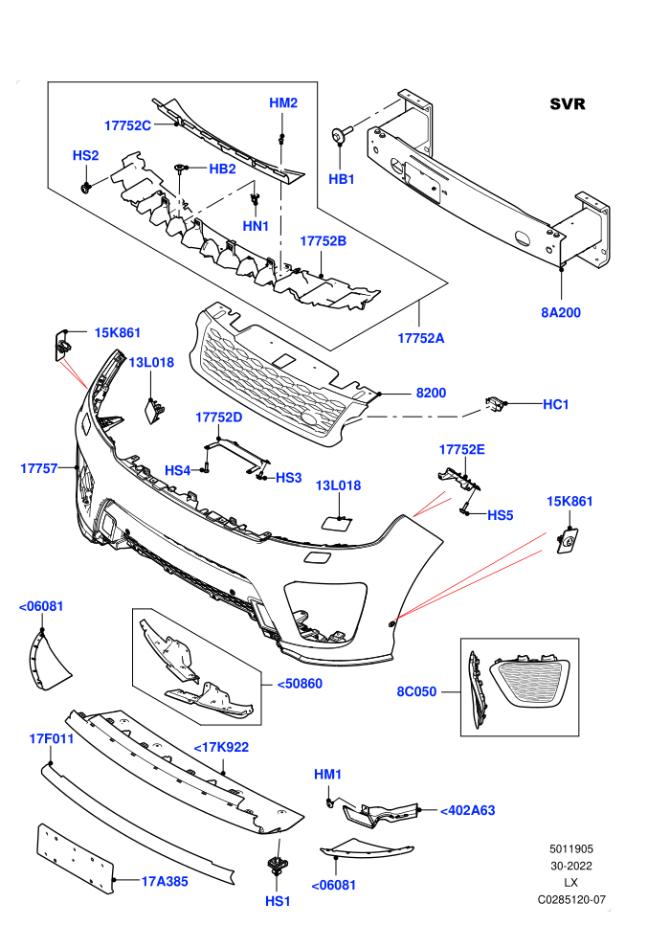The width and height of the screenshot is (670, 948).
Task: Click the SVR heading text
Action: click(568, 104)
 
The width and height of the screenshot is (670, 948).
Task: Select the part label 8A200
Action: click(561, 312)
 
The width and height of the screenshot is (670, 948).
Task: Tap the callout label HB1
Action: click(342, 179)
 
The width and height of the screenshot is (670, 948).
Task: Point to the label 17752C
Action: click(127, 125)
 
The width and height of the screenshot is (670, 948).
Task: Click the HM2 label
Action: click(283, 102)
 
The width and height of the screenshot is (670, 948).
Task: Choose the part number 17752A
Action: click(420, 338)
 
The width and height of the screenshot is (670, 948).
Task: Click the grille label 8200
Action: click(431, 393)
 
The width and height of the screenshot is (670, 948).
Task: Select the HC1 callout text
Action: click(556, 404)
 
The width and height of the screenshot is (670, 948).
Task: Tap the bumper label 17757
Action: click(38, 468)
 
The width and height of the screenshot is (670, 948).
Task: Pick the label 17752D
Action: click(218, 418)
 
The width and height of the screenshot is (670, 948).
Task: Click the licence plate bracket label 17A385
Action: click(165, 882)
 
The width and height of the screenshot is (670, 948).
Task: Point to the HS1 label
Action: click(278, 901)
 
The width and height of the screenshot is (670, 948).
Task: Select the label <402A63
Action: click(468, 810)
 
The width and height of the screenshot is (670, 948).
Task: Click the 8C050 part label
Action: click(416, 691)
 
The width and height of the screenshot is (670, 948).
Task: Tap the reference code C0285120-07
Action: click(571, 899)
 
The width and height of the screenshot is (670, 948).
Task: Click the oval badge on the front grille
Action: click(312, 420)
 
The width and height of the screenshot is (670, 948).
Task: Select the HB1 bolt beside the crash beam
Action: click(340, 135)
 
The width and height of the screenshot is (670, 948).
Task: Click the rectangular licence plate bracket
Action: click(76, 859)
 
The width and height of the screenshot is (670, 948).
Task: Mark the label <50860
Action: click(300, 684)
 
